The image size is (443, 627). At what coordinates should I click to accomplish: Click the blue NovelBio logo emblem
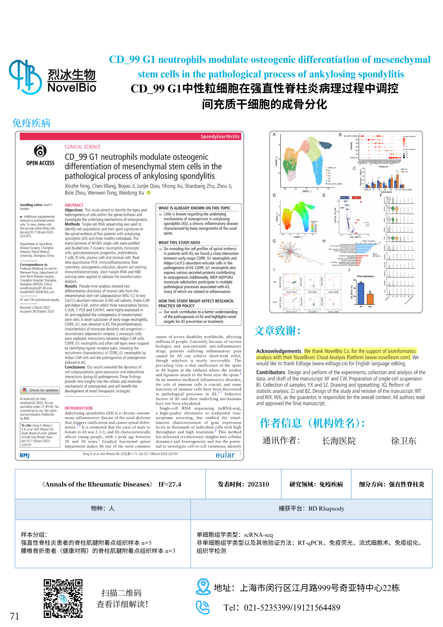click(25, 77)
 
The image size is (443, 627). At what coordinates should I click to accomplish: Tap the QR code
click(63, 598)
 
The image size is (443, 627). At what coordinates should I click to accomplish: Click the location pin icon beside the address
click(203, 587)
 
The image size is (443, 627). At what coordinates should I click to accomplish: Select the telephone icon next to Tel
click(202, 607)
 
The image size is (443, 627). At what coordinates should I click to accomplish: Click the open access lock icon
click(40, 151)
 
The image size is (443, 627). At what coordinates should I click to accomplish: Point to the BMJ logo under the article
click(25, 455)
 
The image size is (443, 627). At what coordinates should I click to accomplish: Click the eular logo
click(225, 455)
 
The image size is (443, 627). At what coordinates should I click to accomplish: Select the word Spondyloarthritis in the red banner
click(220, 136)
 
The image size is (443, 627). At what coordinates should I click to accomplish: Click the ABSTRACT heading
click(74, 205)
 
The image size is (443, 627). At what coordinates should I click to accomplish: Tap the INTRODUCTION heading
click(78, 408)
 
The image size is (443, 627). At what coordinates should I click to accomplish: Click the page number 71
click(15, 616)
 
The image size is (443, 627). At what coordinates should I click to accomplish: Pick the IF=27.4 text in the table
click(170, 484)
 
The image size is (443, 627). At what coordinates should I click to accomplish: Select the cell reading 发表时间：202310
click(243, 484)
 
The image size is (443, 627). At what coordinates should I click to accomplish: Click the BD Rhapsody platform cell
click(311, 508)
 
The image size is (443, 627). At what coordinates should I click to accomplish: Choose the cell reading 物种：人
click(103, 508)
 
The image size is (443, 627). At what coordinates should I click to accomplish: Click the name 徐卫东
click(403, 441)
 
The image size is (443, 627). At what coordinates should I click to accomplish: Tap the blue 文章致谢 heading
click(277, 331)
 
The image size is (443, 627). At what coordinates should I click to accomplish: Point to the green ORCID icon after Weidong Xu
click(149, 193)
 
